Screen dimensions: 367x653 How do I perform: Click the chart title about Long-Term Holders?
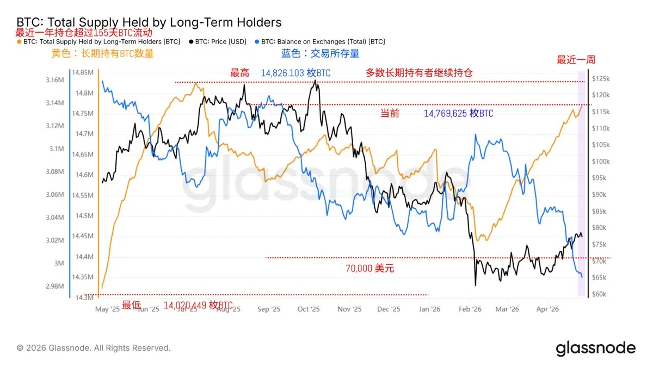149,22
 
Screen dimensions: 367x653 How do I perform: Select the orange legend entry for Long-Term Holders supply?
101,41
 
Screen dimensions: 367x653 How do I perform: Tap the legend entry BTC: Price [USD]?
220,41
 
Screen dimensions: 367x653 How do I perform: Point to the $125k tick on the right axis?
602,79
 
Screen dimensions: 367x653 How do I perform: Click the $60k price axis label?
601,295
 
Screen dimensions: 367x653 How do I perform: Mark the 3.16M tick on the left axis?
54,80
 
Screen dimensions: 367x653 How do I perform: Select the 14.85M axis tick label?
83,72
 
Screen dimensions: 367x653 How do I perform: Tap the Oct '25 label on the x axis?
309,309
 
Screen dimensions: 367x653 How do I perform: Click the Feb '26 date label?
470,309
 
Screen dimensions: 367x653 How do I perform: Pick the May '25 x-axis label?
107,309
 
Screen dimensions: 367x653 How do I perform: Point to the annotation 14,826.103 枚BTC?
295,73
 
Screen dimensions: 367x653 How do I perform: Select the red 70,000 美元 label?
370,268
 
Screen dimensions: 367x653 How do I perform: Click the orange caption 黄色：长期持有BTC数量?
102,53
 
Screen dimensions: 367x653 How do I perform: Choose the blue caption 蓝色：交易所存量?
320,53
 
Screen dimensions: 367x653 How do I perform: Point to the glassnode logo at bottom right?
595,348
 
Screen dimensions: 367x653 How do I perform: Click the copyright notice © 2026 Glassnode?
94,348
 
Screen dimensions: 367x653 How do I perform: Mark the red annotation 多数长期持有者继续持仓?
419,73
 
